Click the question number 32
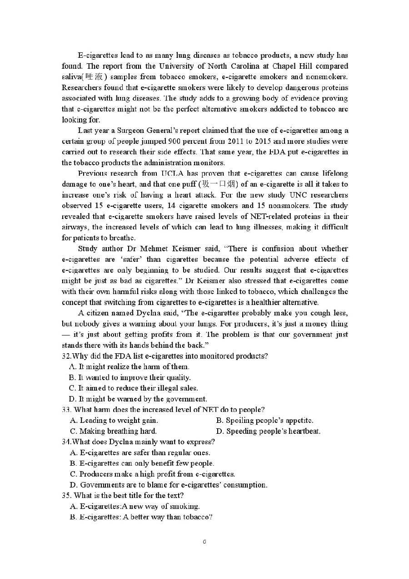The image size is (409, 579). (66, 356)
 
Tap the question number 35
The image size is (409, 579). (67, 496)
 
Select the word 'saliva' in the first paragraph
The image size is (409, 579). (71, 77)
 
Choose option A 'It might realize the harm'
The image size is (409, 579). (130, 367)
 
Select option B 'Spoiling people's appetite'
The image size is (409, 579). (265, 421)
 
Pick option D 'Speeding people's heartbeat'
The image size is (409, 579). (269, 431)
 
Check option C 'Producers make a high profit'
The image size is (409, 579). (153, 474)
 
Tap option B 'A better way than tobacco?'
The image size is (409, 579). (141, 517)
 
